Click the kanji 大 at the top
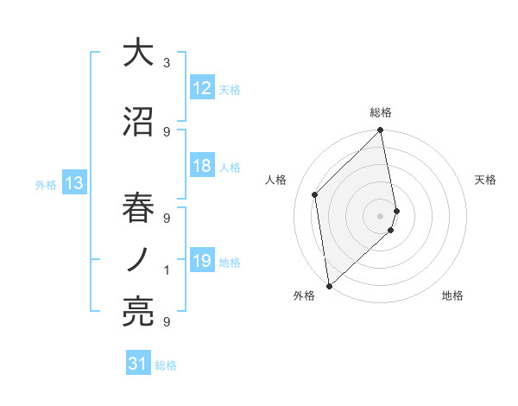click(138, 53)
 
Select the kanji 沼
click(138, 122)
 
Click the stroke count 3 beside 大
click(167, 63)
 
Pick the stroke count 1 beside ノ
click(167, 270)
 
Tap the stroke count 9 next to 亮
click(167, 322)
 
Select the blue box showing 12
click(202, 88)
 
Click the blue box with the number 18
click(202, 166)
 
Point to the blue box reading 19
click(202, 261)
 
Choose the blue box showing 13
click(74, 183)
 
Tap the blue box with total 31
click(138, 365)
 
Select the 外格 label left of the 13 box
click(46, 184)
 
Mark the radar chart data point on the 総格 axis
click(380, 131)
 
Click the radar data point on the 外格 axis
click(329, 285)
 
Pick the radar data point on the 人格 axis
click(315, 194)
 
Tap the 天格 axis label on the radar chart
click(486, 180)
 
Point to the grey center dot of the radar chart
click(380, 215)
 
